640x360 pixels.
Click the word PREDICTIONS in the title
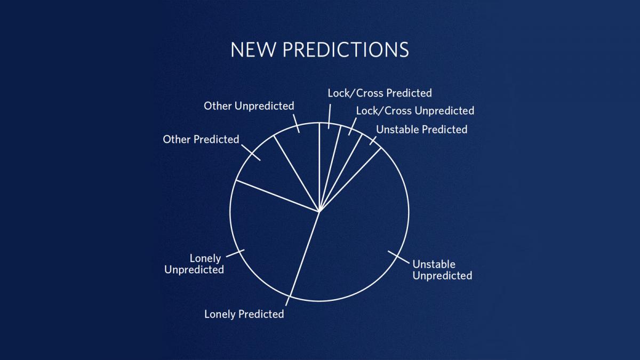(346, 50)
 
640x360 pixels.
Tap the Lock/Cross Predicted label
(380, 93)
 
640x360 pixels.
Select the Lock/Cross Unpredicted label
(415, 111)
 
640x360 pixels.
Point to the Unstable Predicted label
(422, 130)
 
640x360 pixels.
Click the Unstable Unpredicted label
(442, 270)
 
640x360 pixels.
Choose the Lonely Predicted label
(244, 314)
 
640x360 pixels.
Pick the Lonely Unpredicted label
(194, 264)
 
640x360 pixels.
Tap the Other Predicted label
(201, 139)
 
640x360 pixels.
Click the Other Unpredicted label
(249, 106)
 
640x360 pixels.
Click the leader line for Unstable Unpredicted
(398, 257)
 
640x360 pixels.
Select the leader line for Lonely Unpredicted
(235, 253)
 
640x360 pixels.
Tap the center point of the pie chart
(319, 212)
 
